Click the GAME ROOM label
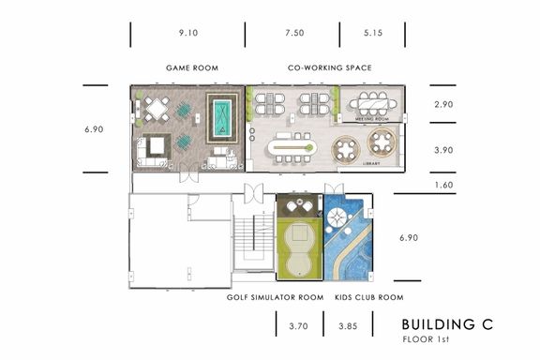(192, 67)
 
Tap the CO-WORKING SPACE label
(330, 67)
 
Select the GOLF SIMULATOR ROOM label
(276, 297)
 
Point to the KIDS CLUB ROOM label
(369, 297)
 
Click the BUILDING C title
(447, 324)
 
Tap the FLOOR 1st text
(426, 339)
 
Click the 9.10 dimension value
(188, 33)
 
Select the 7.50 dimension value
(294, 33)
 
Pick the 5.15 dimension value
(373, 33)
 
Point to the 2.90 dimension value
(443, 104)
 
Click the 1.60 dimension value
(443, 185)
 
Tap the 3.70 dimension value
(298, 326)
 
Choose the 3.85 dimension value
(348, 326)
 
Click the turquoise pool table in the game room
(222, 118)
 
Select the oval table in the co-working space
(292, 148)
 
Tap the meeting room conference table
(373, 103)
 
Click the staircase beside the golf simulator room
(254, 238)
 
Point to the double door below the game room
(189, 172)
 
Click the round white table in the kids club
(337, 217)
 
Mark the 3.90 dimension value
(443, 150)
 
